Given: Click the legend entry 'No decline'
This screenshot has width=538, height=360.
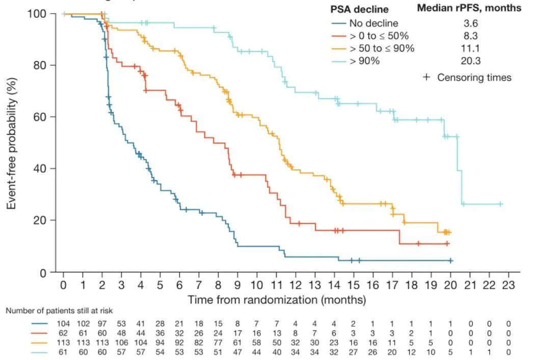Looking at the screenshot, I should click(373, 23).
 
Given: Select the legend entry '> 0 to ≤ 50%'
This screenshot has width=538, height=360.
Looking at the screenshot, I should click(379, 36).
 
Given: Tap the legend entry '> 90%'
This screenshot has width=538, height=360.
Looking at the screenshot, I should click(364, 61).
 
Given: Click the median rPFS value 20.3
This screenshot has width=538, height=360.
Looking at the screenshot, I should click(469, 61).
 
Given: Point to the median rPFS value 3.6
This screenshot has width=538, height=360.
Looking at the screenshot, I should click(469, 23).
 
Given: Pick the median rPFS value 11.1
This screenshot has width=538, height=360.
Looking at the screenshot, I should click(469, 48).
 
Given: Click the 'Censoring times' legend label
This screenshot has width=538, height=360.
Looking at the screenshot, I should click(474, 78).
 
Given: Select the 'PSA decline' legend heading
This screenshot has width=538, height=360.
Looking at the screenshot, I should click(359, 9).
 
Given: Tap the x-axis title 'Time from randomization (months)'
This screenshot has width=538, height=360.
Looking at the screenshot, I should click(277, 299).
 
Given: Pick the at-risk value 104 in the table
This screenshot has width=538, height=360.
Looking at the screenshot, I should click(64, 324).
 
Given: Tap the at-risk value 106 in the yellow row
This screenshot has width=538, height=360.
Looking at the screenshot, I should click(121, 342).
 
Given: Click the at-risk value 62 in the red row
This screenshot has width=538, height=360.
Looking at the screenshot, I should click(64, 333).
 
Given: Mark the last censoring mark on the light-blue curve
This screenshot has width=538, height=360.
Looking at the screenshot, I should click(500, 204).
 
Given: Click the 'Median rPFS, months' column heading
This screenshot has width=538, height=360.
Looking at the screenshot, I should click(469, 8).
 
